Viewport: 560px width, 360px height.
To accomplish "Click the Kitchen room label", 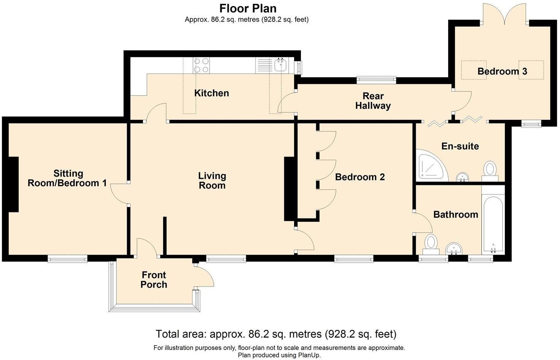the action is tap(212, 93).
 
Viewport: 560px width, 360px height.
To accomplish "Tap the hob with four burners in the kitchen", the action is tap(201, 65).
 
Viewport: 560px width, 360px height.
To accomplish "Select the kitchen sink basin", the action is tap(281, 65).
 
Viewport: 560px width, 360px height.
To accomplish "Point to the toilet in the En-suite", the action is tap(490, 171).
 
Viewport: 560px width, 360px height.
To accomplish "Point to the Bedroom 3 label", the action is tap(502, 72).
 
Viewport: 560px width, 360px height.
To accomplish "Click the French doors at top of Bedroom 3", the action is tap(505, 14).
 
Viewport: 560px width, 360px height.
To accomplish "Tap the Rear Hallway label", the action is tap(373, 101).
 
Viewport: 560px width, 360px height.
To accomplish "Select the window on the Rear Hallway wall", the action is tap(377, 80).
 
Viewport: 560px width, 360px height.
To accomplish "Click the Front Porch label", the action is tap(154, 280).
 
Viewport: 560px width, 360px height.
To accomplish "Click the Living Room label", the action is tap(212, 180).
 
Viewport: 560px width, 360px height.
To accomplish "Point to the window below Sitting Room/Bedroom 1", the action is tap(67, 258).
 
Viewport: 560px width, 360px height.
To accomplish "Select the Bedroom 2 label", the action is tap(360, 177).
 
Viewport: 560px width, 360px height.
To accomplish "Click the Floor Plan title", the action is tap(248, 8).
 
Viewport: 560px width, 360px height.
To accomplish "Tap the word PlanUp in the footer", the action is tap(309, 355).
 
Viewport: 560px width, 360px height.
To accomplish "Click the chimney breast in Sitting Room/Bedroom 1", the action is tap(13, 185).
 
